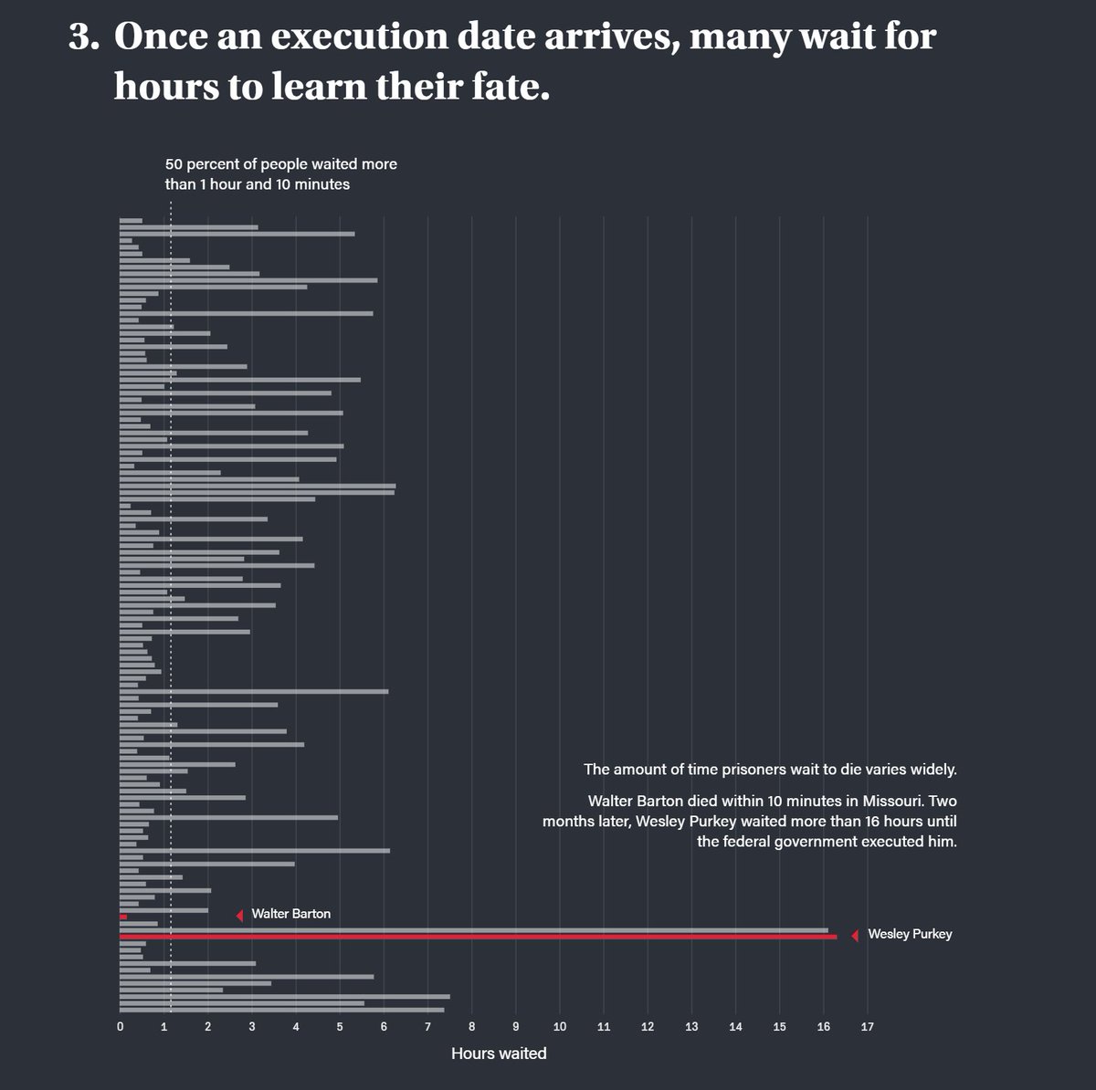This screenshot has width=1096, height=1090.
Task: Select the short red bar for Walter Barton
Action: point(123,917)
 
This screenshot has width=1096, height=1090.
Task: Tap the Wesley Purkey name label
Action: point(909,934)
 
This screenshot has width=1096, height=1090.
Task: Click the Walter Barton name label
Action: point(290,914)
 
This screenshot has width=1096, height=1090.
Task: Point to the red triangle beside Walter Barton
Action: point(239,915)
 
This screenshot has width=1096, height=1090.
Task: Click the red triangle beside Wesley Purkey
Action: point(855,935)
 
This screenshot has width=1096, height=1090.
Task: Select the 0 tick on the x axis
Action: point(120,1027)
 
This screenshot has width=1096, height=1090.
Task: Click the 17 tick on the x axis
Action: point(867,1027)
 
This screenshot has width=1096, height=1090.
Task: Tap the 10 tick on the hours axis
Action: point(559,1027)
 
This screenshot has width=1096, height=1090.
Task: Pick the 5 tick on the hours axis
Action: point(340,1027)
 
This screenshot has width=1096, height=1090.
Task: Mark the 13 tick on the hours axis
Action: point(691,1027)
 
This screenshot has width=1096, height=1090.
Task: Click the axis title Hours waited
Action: point(499,1053)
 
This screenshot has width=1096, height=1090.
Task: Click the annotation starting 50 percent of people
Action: point(280,174)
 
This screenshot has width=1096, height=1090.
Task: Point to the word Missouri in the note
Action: point(884,801)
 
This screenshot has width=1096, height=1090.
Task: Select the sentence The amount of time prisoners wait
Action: point(770,769)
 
